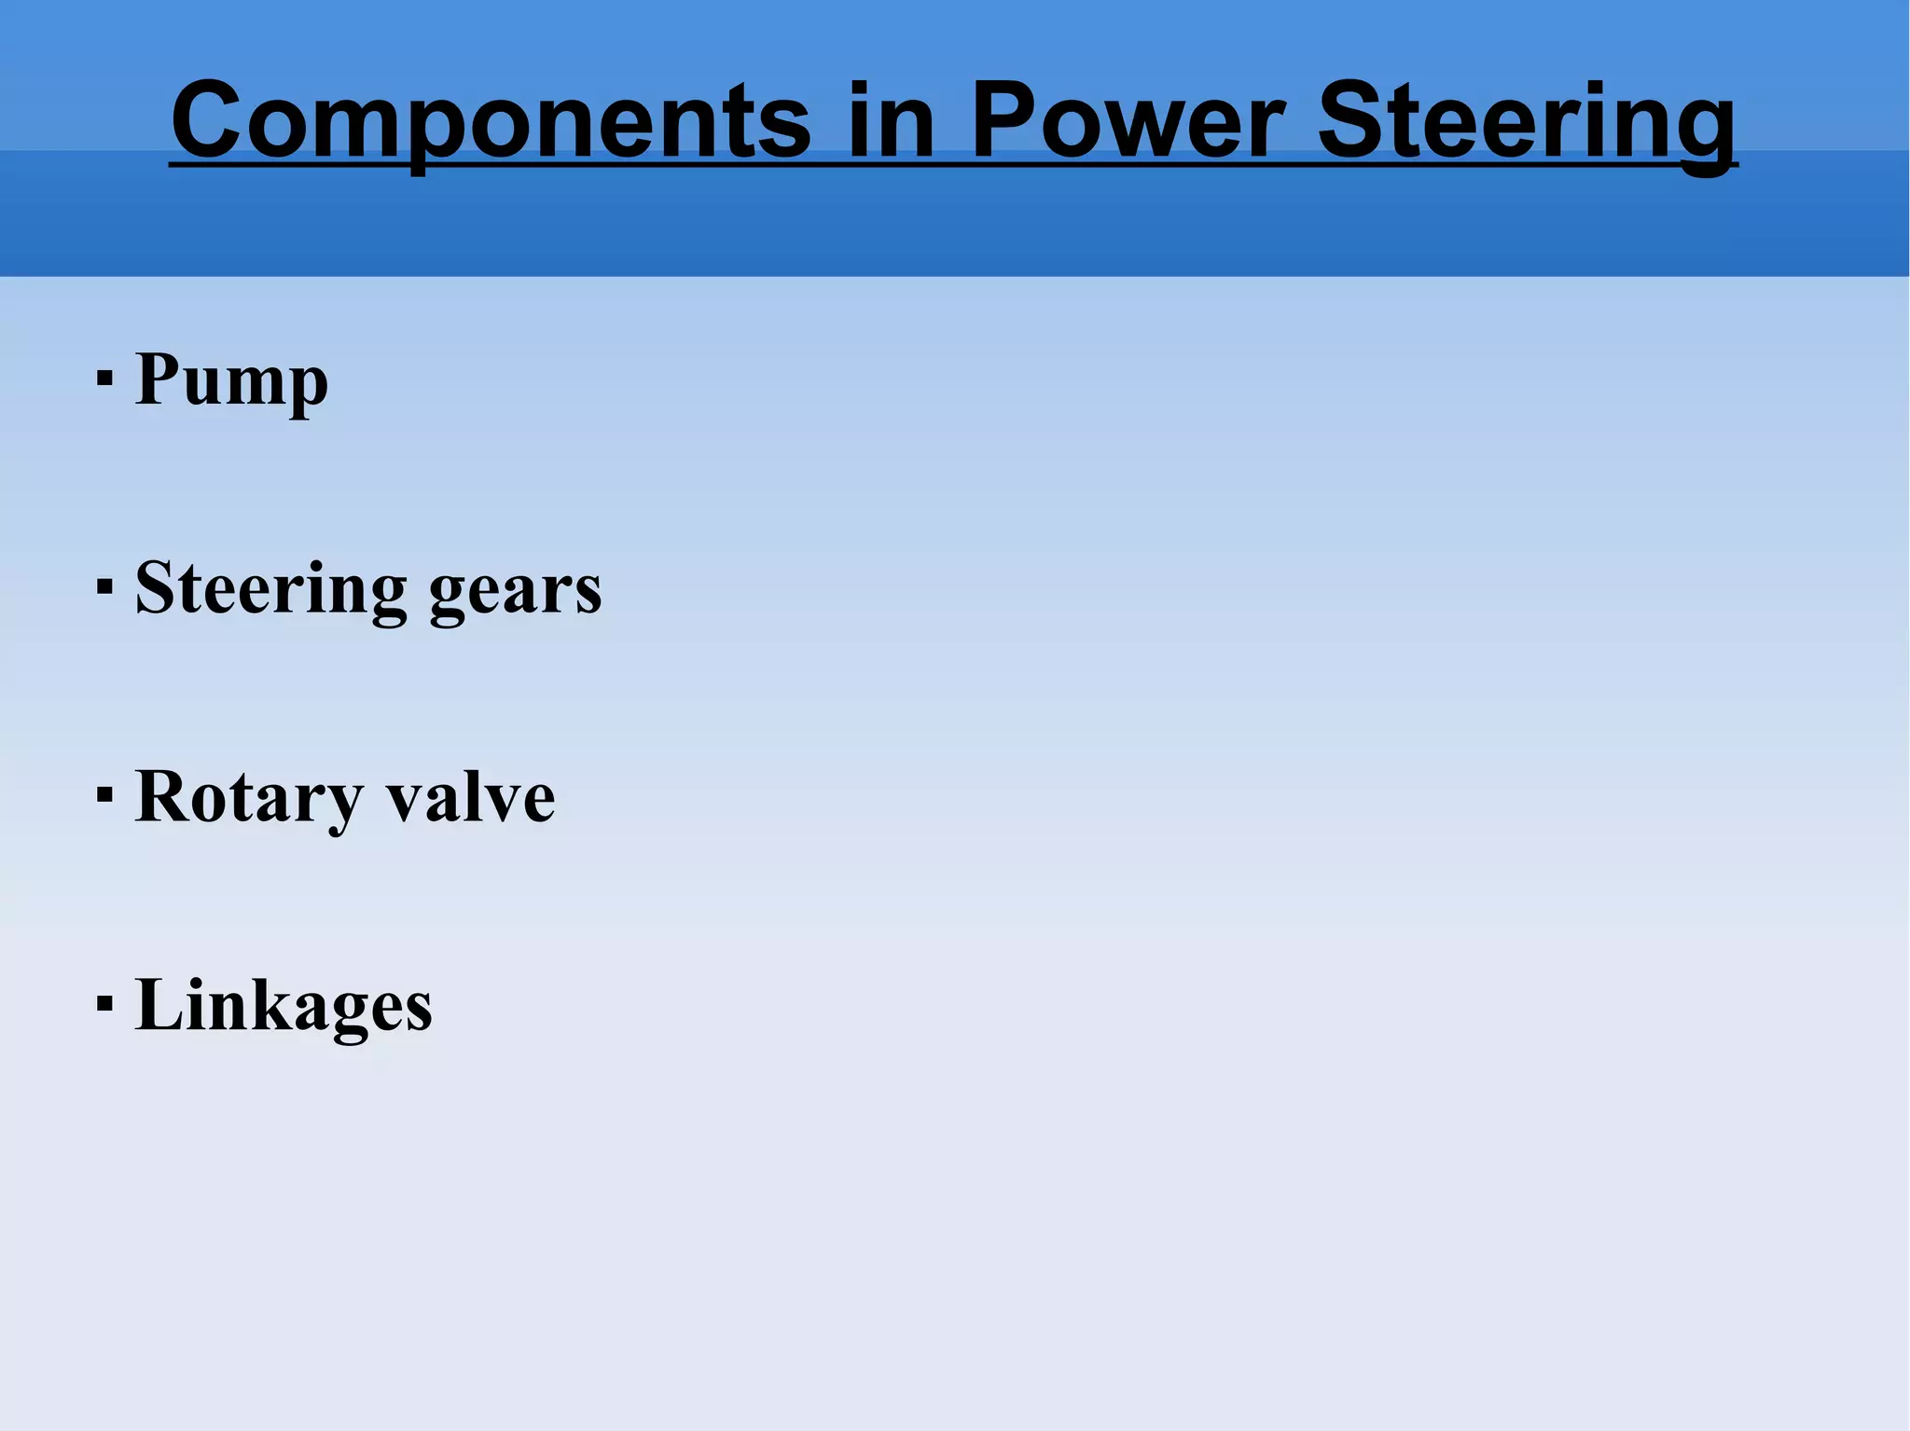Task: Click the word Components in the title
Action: click(491, 121)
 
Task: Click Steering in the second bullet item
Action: click(270, 589)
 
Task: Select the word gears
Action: click(515, 591)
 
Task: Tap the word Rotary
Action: click(249, 798)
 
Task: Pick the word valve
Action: click(471, 798)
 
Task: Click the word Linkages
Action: click(284, 1006)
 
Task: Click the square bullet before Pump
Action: click(104, 379)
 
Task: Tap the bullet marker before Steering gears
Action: click(104, 587)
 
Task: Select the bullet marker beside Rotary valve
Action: click(104, 796)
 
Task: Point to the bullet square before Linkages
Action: click(104, 1005)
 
